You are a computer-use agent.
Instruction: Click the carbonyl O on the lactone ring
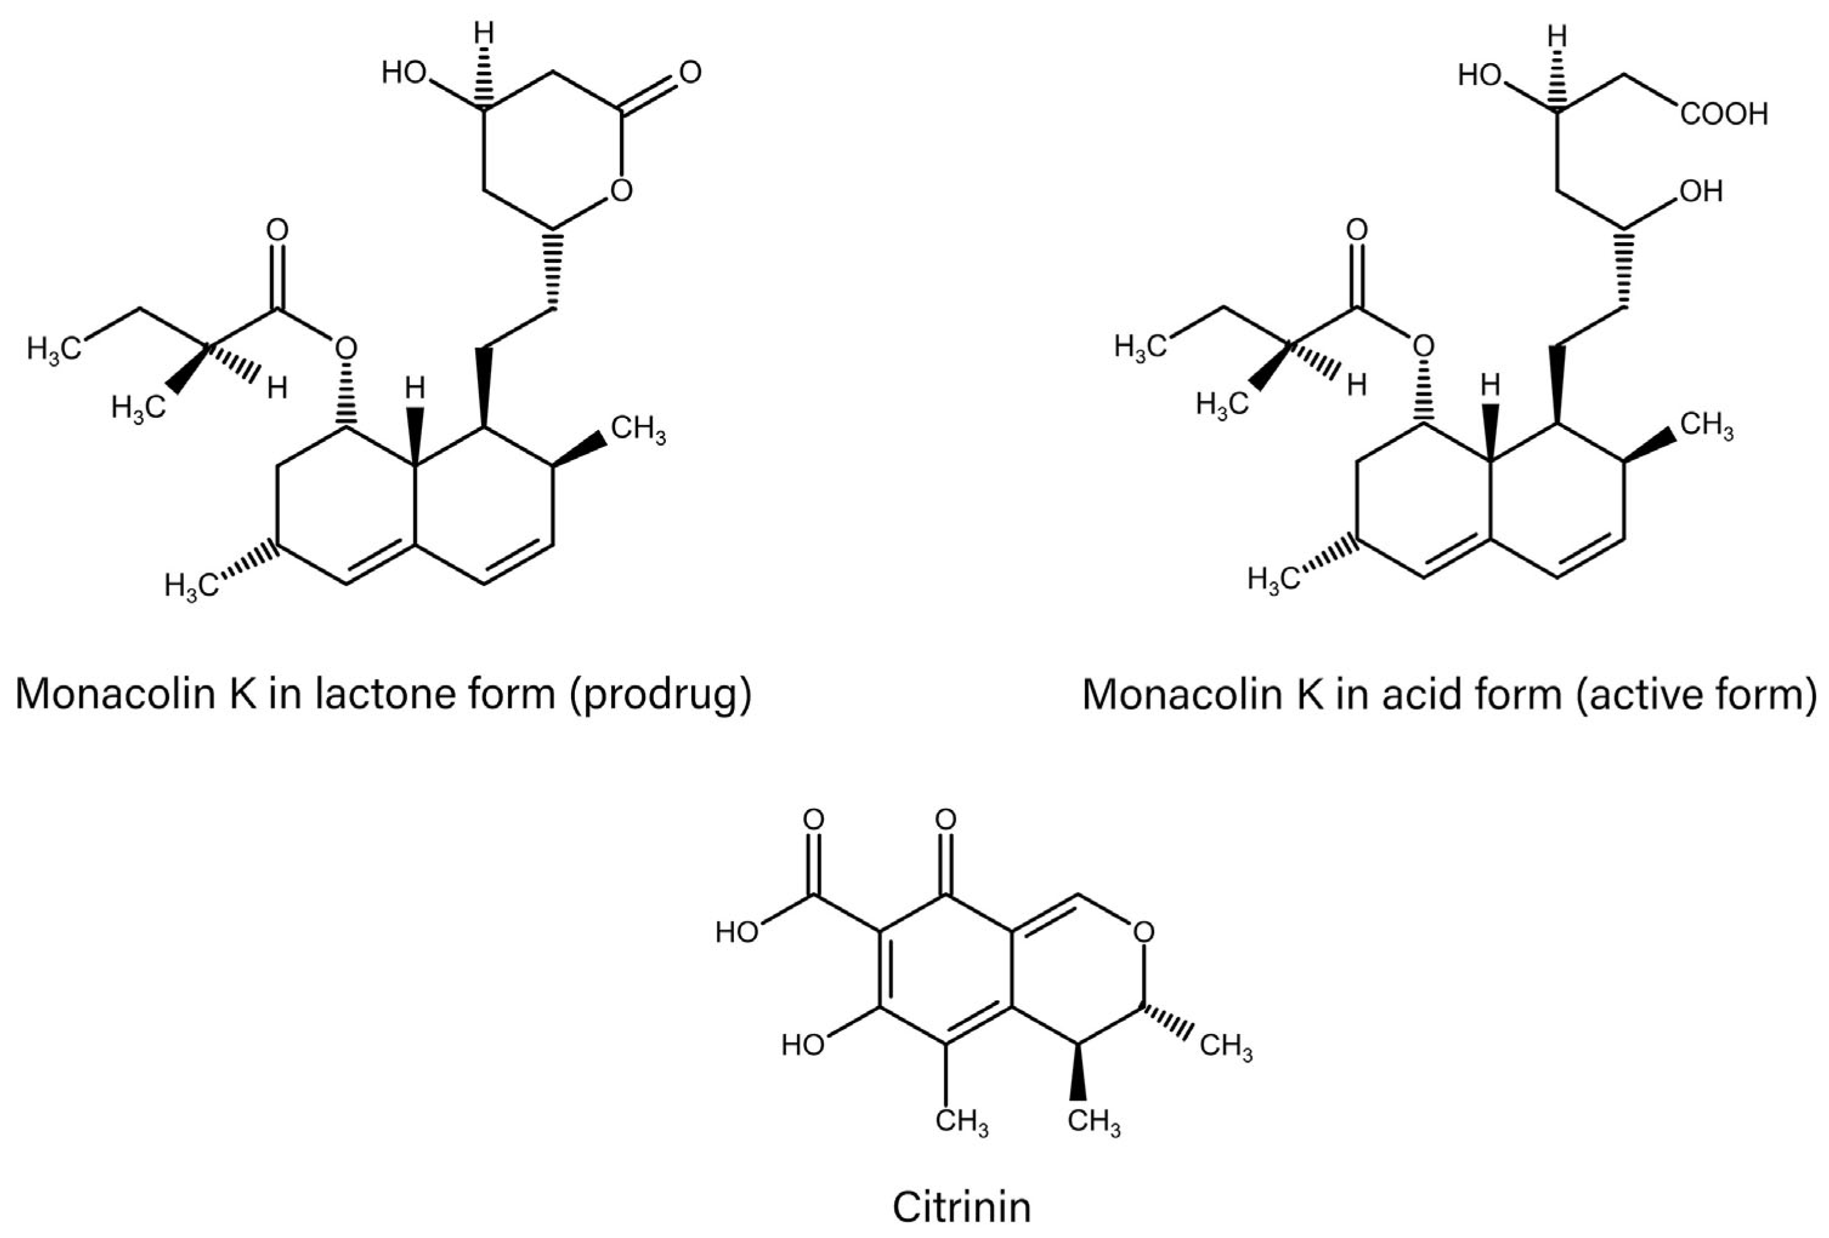[690, 73]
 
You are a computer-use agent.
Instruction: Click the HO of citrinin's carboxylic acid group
[738, 933]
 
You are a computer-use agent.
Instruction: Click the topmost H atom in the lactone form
[486, 34]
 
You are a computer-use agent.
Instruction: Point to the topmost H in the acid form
[1556, 36]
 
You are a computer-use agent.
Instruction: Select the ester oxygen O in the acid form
[1423, 345]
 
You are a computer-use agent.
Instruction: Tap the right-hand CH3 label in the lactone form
[638, 431]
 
